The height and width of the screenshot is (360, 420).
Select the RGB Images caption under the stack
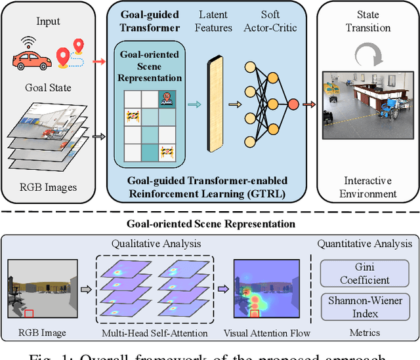tap(49, 187)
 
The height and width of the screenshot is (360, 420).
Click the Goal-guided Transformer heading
tap(150, 20)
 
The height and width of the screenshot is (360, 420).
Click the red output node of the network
tap(293, 104)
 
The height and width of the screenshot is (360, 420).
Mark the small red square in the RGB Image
tap(28, 313)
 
